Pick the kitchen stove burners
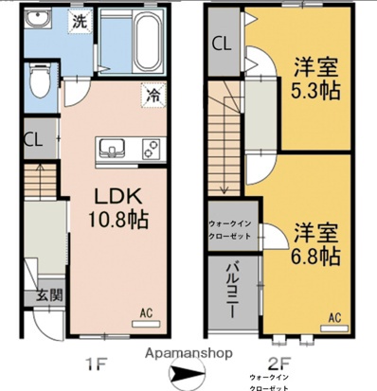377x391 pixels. (150, 148)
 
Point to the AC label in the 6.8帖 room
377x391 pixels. (334, 317)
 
